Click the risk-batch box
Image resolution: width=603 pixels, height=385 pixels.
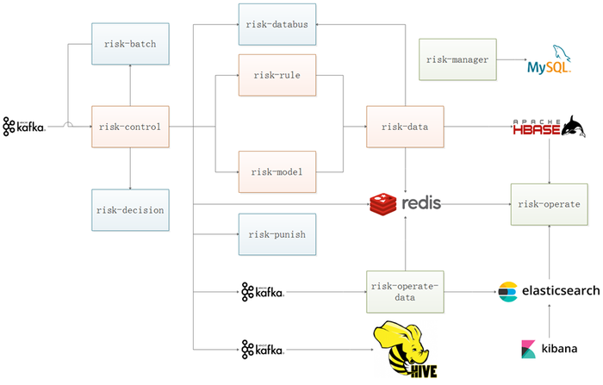tap(128, 43)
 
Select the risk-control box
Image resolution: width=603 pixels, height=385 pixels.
tap(128, 127)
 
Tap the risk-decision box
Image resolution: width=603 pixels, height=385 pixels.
tap(128, 210)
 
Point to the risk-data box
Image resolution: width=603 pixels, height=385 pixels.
tap(405, 127)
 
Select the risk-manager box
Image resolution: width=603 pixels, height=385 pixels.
tap(457, 60)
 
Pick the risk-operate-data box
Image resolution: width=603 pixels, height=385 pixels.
tap(405, 290)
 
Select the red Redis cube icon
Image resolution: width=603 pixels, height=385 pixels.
tap(382, 203)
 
